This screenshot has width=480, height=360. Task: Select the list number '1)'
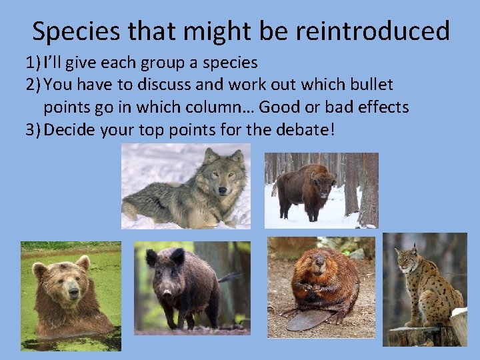[x=33, y=63]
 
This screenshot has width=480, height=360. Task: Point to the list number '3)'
[x=33, y=129]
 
